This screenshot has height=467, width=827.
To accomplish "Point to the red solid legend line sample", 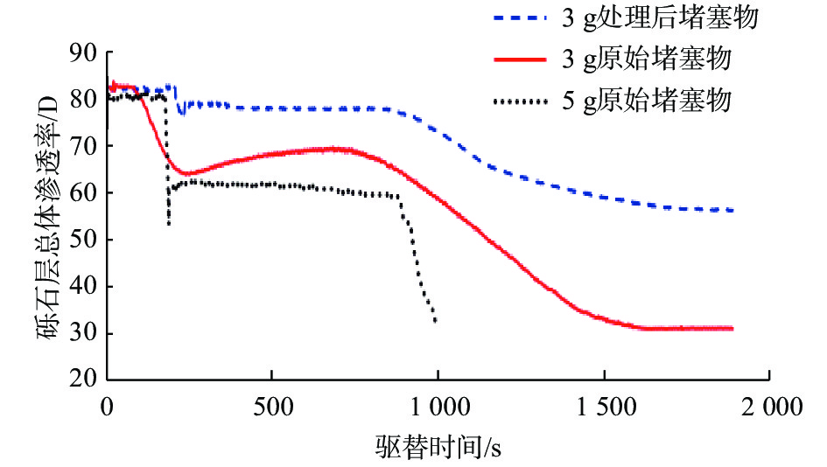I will pos(521,59).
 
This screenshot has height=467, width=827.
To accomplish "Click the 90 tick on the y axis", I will pos(83,52).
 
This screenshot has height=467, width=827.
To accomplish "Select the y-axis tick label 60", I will pos(83,193).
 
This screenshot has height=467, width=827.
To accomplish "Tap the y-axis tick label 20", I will pos(83,380).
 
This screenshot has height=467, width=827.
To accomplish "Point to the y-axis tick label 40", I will pos(83,287).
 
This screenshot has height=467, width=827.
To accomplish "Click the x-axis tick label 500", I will pos(271,407).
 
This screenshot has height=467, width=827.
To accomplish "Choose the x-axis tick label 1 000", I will pos(438,407).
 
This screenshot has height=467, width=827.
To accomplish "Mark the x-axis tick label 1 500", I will pos(603,407).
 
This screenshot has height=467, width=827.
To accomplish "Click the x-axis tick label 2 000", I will pos(768,407).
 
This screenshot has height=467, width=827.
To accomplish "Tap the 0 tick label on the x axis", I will pos(107,407).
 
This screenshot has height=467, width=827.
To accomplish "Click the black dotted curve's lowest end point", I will pos(435,322).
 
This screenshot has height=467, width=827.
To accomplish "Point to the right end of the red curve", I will pos(732,328).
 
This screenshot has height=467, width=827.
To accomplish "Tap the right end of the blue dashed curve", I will pos(732,211).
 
